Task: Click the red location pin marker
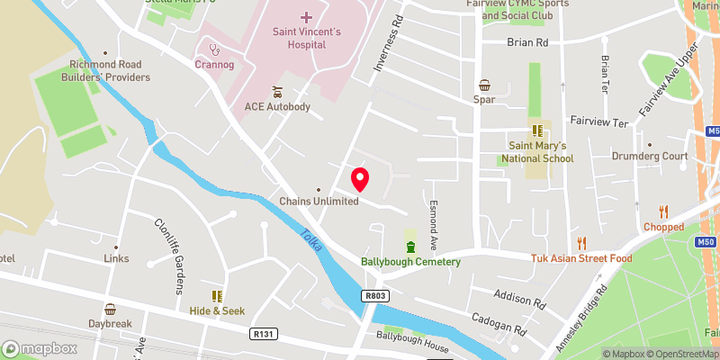360,179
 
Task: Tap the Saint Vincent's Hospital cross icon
306,17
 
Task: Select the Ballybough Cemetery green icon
411,247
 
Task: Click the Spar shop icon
485,85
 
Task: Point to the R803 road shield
377,295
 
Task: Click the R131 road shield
262,333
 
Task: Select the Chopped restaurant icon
665,211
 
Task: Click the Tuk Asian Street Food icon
581,242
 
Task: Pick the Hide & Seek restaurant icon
216,295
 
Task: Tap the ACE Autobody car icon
277,92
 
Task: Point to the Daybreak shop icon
110,309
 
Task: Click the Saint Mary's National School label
538,152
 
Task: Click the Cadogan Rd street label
496,324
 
